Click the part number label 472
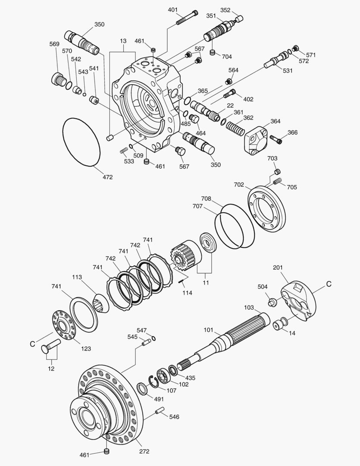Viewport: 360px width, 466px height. (107, 177)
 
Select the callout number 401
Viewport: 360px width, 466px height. (172, 9)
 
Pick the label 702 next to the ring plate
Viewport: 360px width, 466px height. (239, 185)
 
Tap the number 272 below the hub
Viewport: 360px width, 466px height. (144, 451)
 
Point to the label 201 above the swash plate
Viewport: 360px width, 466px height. (278, 268)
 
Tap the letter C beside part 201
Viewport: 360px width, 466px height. (329, 284)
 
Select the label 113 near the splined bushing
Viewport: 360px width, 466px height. (77, 277)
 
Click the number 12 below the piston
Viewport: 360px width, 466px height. (51, 368)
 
